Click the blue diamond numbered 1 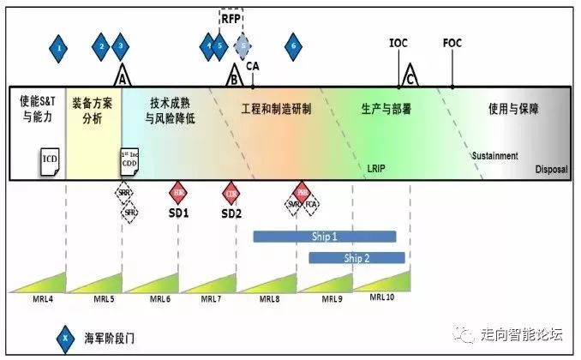(58, 48)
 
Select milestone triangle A (123, 75)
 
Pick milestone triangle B (233, 76)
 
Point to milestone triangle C (410, 75)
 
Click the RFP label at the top (231, 17)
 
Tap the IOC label (398, 43)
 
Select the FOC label (452, 43)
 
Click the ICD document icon (51, 160)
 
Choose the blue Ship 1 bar (325, 237)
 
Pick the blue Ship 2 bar (356, 257)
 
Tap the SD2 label (231, 213)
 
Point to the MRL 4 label (30, 299)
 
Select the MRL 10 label (383, 297)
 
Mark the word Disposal (551, 169)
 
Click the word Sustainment (495, 156)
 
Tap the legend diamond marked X (63, 338)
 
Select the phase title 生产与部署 (387, 110)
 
